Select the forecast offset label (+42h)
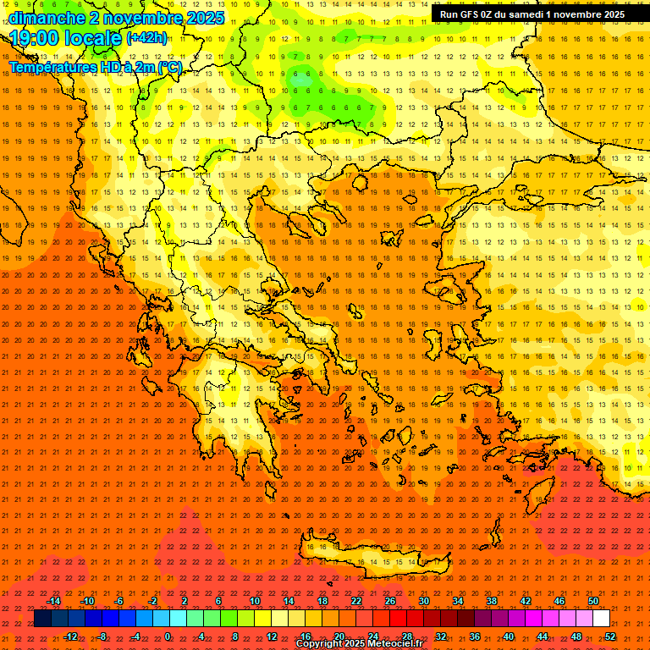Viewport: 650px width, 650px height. point(146,38)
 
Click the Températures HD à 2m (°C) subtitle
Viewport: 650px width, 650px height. point(95,67)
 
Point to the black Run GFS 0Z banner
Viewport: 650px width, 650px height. point(532,14)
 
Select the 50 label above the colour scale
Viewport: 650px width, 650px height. point(593,601)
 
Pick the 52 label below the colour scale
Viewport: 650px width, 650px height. point(610,636)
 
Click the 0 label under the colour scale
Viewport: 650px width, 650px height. point(168,636)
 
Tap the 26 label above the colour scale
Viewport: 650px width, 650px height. point(390,601)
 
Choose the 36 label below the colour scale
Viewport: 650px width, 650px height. point(475,636)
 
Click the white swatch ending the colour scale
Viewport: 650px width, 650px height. point(601,619)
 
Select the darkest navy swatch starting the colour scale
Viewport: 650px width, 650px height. point(42,619)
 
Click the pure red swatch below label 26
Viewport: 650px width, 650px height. point(398,619)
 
